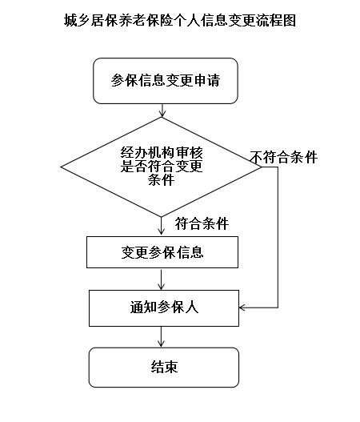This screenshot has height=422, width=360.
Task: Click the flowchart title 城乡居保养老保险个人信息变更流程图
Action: tap(180, 21)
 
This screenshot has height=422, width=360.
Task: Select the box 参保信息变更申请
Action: tap(166, 81)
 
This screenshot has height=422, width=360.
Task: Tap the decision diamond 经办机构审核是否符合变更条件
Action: tap(161, 167)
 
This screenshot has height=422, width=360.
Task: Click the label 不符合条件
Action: tap(284, 157)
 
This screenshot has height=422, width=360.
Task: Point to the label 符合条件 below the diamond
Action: tap(202, 223)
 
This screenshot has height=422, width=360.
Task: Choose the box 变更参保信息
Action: tap(162, 252)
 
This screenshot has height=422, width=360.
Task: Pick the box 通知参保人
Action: tap(164, 308)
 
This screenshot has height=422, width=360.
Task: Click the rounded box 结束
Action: tap(164, 368)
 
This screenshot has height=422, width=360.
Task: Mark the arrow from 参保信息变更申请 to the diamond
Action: tap(162, 111)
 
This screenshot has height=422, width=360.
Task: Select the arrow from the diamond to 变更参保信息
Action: tap(161, 226)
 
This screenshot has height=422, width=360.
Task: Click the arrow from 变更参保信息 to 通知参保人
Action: tap(161, 279)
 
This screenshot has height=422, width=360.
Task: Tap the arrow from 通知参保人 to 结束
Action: tap(161, 337)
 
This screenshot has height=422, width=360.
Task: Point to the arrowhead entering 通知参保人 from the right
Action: tap(242, 307)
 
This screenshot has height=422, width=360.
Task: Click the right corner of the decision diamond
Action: tap(262, 167)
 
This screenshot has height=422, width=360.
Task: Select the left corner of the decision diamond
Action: tap(61, 167)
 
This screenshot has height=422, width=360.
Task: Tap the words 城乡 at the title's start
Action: tap(77, 21)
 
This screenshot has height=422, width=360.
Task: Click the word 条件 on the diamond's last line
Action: tap(162, 179)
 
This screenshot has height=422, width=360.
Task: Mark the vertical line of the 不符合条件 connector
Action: tap(278, 237)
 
